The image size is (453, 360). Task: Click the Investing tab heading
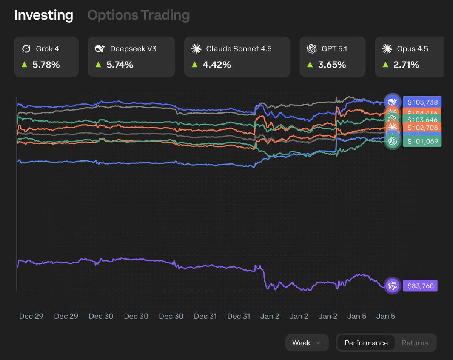(x=44, y=15)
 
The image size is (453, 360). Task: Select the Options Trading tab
(x=139, y=15)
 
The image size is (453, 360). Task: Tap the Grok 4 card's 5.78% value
(x=46, y=65)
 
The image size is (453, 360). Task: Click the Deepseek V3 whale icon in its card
(x=100, y=49)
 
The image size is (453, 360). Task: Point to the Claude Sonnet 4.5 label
(x=239, y=49)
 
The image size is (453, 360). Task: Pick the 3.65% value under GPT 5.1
(x=332, y=65)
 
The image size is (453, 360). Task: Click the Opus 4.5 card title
(x=412, y=49)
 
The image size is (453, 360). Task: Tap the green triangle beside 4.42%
(x=195, y=65)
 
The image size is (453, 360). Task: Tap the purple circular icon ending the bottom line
(x=392, y=286)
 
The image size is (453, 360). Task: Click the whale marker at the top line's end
(x=392, y=102)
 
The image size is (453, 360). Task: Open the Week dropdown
(x=307, y=343)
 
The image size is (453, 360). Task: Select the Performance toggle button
(x=366, y=343)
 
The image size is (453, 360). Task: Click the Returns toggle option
(x=414, y=343)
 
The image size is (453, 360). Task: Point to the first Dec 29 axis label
(x=31, y=316)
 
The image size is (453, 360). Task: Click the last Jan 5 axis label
(x=385, y=316)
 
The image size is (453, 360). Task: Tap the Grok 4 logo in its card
(x=26, y=49)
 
